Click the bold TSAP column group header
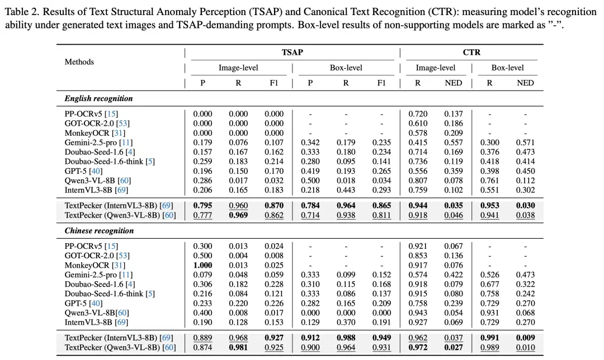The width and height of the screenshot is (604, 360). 292,53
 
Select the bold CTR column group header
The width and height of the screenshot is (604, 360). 471,53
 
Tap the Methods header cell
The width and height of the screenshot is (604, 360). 79,62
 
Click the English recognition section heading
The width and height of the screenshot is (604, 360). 98,98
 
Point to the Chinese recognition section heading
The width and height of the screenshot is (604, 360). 99,231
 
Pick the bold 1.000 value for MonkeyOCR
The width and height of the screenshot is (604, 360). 202,266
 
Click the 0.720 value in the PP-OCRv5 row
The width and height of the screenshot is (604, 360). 418,114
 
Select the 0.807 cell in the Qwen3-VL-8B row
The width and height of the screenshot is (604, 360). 418,181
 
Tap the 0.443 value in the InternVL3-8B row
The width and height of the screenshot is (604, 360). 346,190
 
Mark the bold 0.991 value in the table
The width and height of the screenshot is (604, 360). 489,338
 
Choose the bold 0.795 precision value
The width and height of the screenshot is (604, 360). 202,206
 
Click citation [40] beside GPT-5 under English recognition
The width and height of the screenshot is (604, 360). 96,171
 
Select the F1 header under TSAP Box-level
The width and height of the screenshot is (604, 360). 381,83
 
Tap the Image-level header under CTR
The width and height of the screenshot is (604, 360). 435,68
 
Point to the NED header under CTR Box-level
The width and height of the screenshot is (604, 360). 525,83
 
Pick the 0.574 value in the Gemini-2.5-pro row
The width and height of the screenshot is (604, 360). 418,275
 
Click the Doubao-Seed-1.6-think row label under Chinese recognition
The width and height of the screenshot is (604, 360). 103,294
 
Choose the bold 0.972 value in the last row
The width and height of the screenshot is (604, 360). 418,347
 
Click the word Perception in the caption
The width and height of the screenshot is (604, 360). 224,12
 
